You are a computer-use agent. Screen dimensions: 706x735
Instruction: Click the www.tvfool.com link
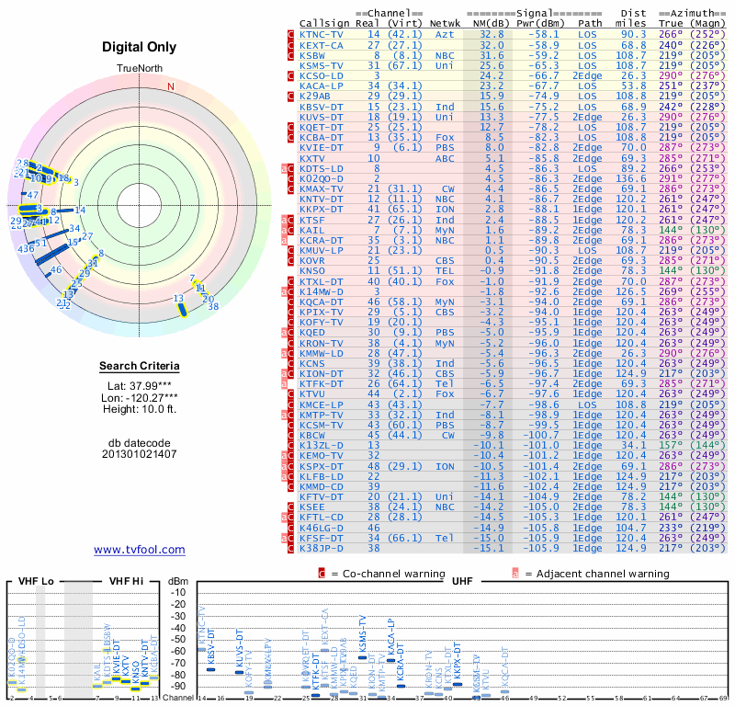click(140, 550)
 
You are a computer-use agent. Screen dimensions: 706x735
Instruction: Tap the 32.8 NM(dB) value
click(491, 33)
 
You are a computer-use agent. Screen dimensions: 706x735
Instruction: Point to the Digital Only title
click(140, 45)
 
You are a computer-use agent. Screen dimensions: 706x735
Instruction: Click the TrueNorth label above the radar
click(140, 69)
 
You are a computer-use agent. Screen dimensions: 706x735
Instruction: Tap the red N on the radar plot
click(170, 86)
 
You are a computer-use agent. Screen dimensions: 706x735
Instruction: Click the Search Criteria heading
click(140, 367)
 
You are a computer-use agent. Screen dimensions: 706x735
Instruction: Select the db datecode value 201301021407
click(140, 454)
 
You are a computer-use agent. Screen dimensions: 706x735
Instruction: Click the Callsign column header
click(325, 22)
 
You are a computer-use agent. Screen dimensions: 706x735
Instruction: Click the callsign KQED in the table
click(314, 331)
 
